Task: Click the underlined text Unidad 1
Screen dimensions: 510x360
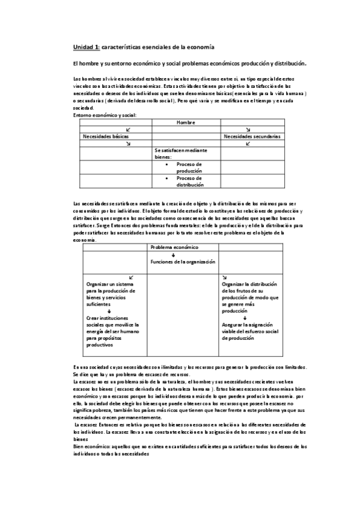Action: pyautogui.click(x=86, y=47)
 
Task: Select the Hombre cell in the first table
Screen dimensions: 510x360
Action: pyautogui.click(x=186, y=122)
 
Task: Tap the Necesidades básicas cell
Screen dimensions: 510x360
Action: pyautogui.click(x=105, y=137)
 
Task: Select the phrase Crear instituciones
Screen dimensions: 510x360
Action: pyautogui.click(x=105, y=318)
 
